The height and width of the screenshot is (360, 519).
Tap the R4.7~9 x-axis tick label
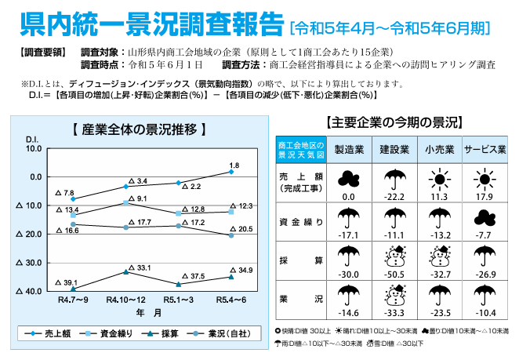72,300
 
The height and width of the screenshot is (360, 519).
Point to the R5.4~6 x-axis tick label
230,300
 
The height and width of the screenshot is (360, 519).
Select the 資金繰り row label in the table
294,221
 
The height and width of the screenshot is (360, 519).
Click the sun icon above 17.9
485,178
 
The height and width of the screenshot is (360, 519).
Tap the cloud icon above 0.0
349,178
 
